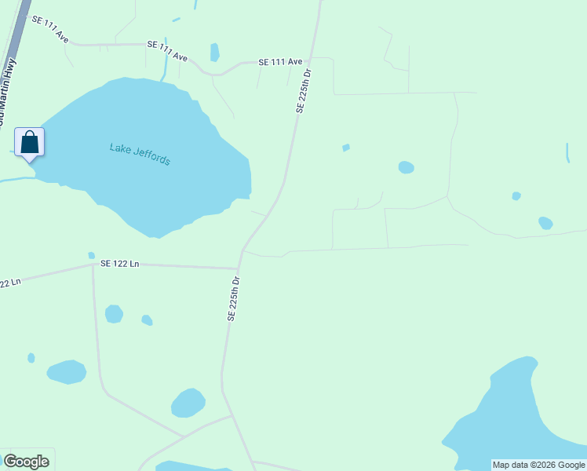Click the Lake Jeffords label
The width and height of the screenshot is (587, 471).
pos(140,153)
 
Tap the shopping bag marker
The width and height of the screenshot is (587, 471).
pos(30,143)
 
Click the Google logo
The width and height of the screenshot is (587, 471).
pos(26,462)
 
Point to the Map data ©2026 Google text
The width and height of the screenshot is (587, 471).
pos(538,465)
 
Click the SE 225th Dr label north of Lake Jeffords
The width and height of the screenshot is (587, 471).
pos(304,91)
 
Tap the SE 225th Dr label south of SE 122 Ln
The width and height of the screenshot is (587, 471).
pos(233,298)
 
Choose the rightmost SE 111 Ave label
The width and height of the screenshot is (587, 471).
pos(281,61)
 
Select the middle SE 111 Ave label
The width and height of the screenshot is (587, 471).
pos(167,50)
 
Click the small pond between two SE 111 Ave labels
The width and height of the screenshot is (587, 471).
pos(214,53)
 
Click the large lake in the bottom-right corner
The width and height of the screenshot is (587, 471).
pos(510,424)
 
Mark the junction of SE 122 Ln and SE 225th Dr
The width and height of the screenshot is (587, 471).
pos(240,268)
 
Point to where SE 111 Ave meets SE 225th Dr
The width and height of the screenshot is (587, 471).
pos(310,58)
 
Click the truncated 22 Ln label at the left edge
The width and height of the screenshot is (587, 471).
pos(10,281)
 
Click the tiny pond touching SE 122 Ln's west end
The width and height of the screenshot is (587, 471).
pos(92,256)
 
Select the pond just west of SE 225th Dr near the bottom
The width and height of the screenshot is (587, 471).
pos(188,403)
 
